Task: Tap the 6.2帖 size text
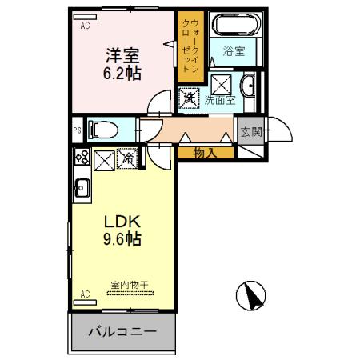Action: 124,74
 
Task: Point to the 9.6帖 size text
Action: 120,240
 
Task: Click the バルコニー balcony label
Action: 122,331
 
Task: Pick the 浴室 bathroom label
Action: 234,51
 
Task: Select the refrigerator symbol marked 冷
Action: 127,158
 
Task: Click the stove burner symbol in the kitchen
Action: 81,158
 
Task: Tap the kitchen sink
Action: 81,189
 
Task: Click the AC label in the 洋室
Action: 85,25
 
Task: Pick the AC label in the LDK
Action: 85,294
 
